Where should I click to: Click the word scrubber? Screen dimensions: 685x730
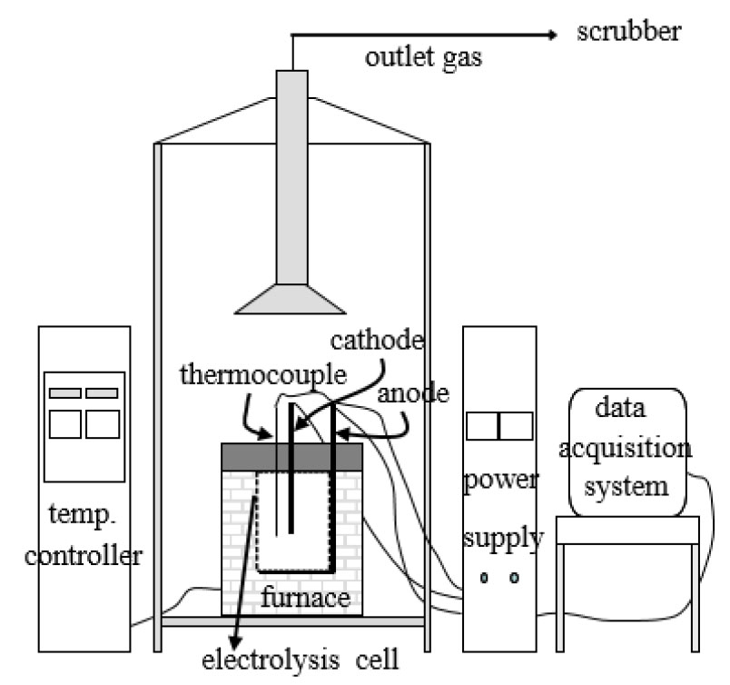point(629,34)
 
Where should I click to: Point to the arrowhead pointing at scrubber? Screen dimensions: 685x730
point(550,35)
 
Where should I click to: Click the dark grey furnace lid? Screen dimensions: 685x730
point(292,455)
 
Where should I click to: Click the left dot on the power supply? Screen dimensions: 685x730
point(485,578)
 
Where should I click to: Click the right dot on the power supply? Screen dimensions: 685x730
point(514,578)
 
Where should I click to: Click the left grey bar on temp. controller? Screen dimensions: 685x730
point(64,393)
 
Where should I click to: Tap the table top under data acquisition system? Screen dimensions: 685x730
point(627,530)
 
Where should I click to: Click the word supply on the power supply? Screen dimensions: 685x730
point(502,540)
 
